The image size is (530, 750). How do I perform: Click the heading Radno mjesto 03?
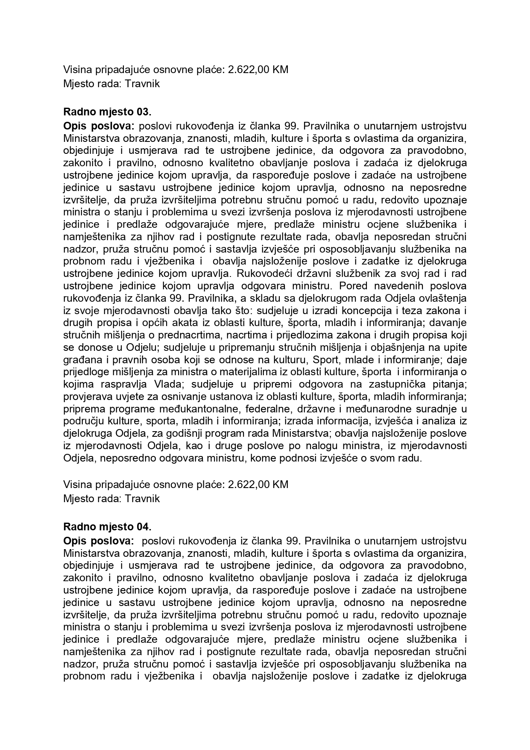click(x=107, y=112)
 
